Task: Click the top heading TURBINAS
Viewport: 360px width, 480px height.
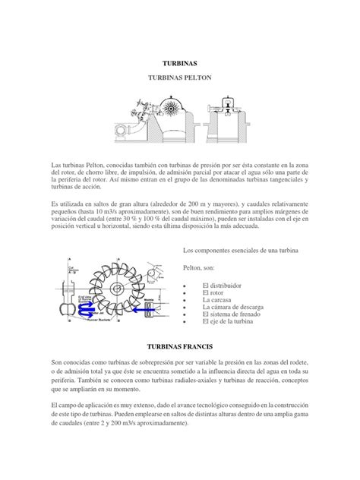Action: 179,65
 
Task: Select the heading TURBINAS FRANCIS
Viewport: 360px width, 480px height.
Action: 179,346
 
